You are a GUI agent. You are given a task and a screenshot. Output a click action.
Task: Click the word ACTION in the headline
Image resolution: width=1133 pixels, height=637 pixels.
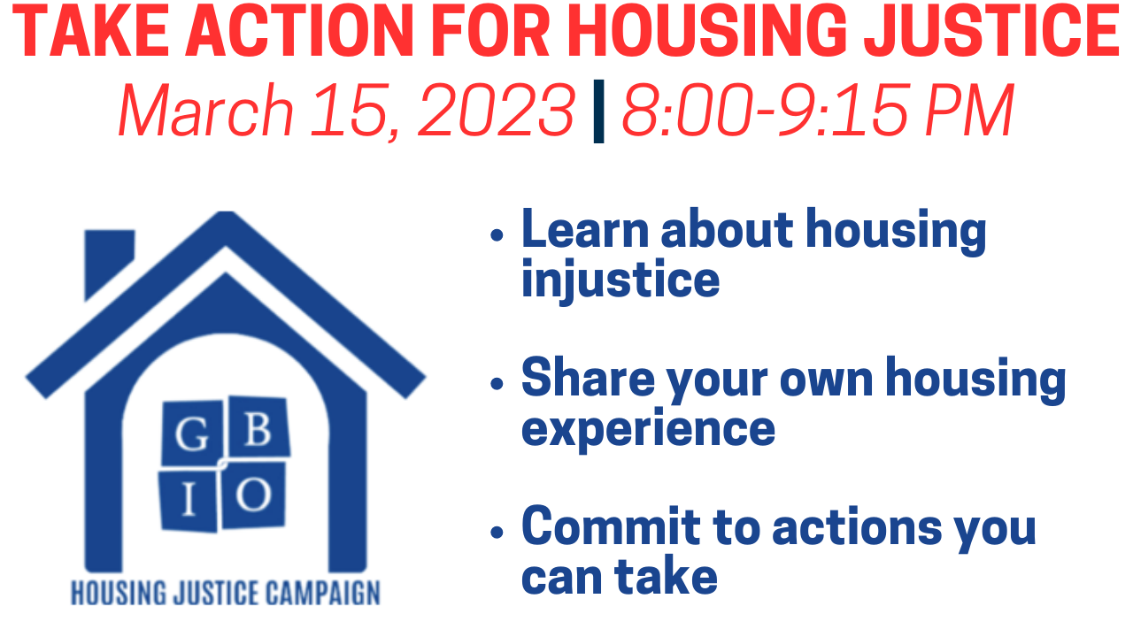click(300, 31)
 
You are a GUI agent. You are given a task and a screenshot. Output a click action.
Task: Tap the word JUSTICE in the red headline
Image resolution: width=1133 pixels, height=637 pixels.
click(991, 31)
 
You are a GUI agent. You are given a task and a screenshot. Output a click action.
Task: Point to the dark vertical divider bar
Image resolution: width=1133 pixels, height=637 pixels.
click(598, 111)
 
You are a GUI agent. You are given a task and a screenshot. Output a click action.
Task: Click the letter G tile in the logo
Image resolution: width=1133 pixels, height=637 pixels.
click(192, 434)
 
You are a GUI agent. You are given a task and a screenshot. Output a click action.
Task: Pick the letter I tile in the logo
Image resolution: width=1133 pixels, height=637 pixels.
click(189, 499)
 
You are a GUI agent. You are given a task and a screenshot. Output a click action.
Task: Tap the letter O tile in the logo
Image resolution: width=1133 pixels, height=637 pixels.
click(253, 495)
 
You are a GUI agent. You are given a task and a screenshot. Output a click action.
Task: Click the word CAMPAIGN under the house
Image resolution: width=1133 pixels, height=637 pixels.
click(323, 594)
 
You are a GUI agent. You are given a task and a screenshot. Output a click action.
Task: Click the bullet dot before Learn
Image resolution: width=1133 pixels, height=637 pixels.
click(497, 235)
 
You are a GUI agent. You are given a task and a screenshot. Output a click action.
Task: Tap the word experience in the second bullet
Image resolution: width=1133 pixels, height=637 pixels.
click(648, 430)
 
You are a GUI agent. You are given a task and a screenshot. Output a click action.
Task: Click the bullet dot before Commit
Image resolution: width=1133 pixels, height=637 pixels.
click(497, 532)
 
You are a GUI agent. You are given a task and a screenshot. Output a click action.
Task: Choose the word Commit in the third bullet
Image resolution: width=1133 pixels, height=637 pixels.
click(611, 526)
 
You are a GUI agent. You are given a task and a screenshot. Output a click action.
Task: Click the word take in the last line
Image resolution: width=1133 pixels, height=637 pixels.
click(666, 576)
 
